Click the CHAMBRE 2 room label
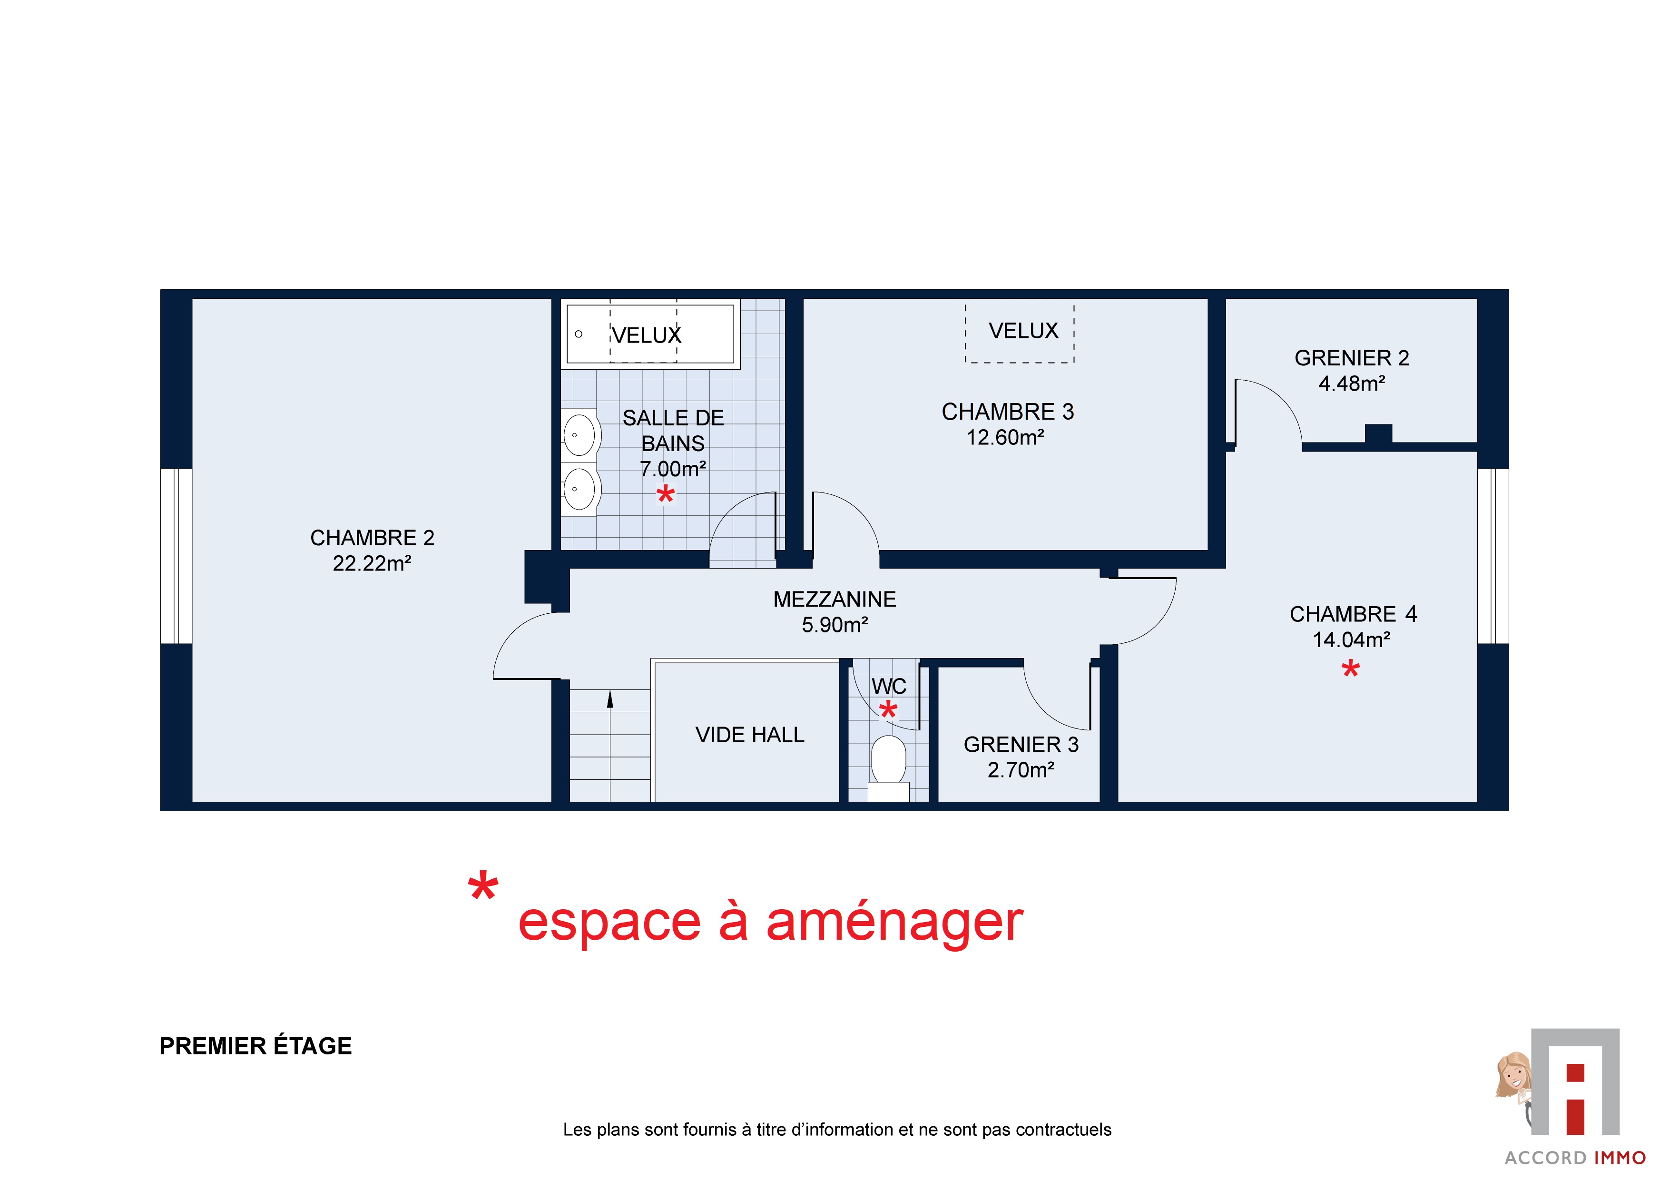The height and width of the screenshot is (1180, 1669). (x=372, y=538)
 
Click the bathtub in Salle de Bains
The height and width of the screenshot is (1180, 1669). (x=650, y=334)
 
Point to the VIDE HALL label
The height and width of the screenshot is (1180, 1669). (x=749, y=735)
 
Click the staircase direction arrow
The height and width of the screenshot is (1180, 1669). (x=610, y=699)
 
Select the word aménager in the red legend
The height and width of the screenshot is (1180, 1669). (x=895, y=922)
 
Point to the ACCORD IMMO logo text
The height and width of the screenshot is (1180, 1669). (x=1575, y=1158)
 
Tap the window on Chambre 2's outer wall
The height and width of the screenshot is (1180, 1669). (x=176, y=556)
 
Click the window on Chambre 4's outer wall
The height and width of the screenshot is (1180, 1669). (x=1493, y=556)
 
